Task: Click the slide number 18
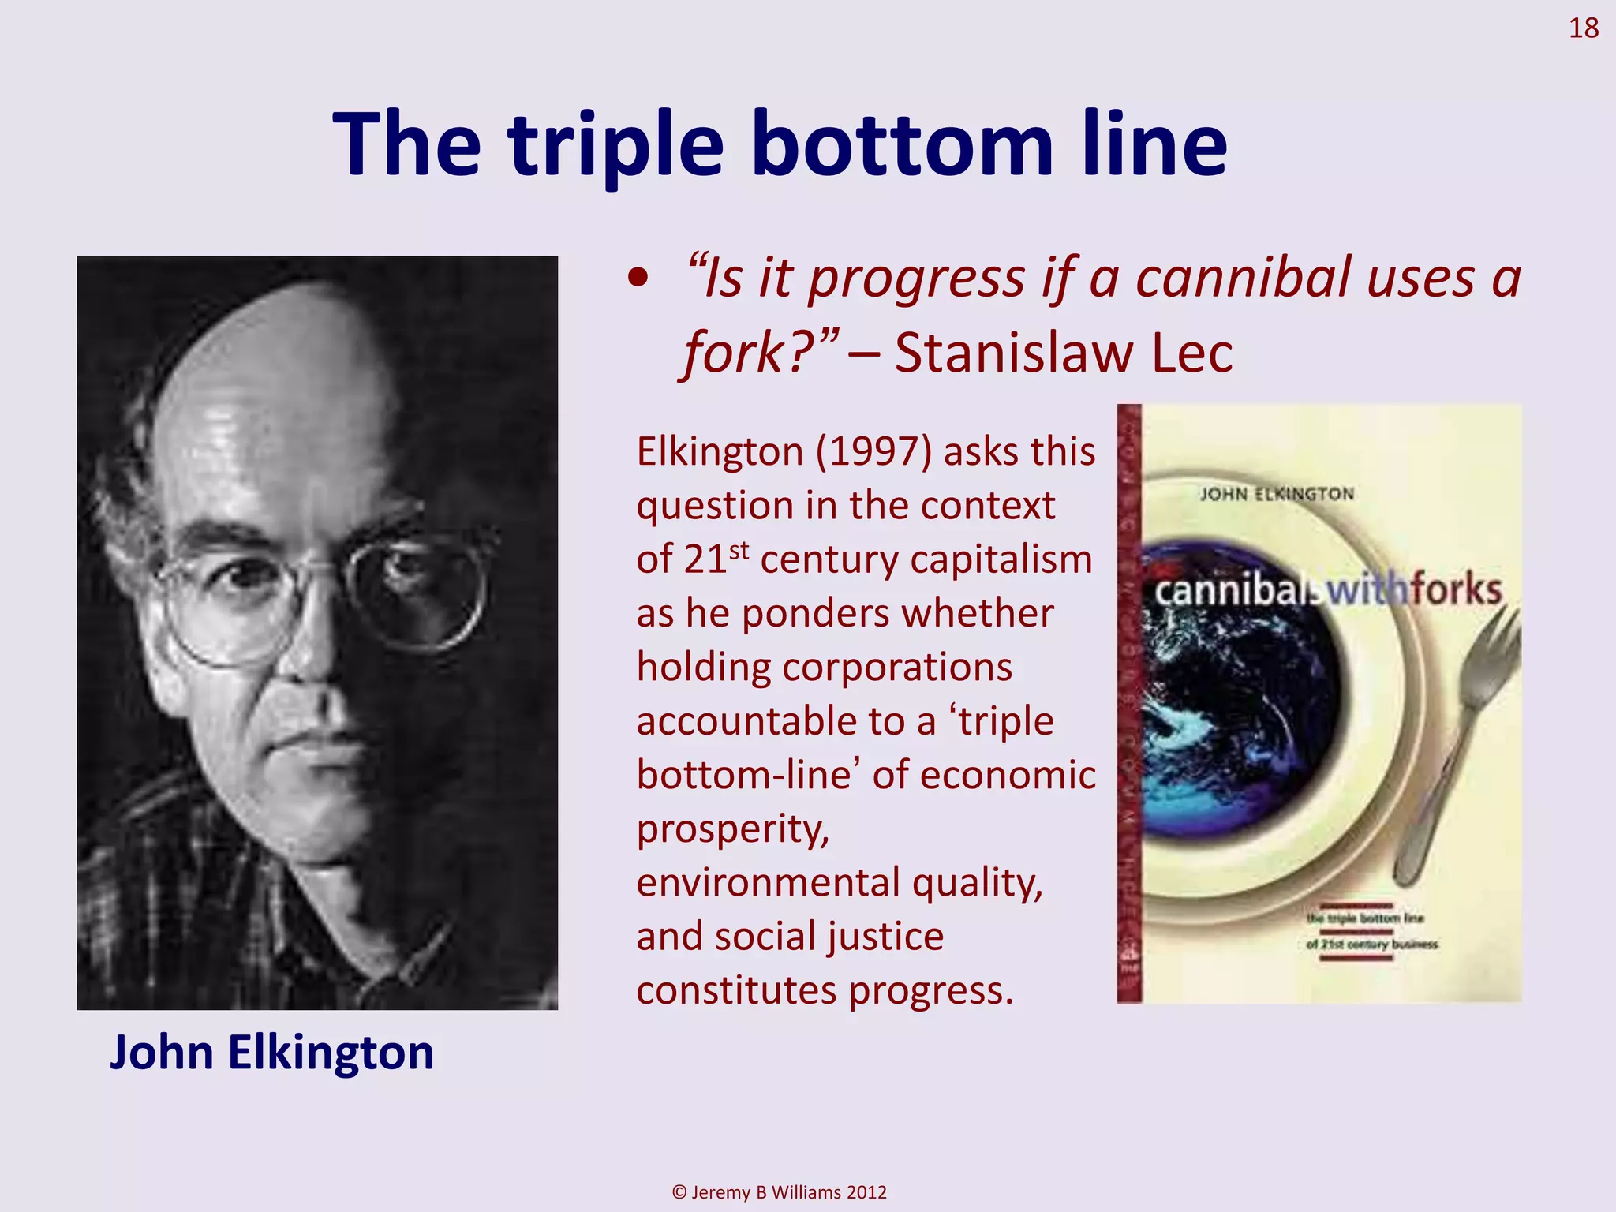[1583, 28]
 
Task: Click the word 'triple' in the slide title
[615, 146]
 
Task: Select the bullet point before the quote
[638, 279]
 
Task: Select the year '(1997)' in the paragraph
[873, 452]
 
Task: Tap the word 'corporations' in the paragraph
[824, 668]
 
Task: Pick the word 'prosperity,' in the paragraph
[733, 829]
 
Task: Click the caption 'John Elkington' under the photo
[271, 1053]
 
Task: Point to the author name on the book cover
[1277, 495]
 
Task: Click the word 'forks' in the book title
[1457, 590]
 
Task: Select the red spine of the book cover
[1129, 702]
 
